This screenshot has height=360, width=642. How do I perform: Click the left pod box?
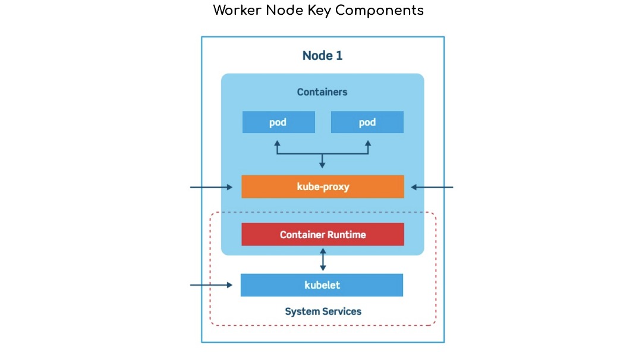click(278, 122)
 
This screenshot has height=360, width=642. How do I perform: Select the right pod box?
click(367, 122)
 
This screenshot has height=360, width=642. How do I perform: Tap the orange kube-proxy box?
click(323, 187)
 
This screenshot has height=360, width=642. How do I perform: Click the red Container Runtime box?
click(323, 235)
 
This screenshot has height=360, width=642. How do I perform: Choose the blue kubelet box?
click(322, 285)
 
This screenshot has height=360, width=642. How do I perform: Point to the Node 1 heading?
click(322, 56)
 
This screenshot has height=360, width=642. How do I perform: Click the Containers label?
click(322, 92)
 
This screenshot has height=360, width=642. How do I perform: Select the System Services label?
click(323, 311)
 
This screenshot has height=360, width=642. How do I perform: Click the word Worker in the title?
click(237, 10)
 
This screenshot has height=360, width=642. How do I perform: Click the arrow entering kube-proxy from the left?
click(211, 187)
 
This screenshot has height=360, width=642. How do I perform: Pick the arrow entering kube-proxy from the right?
click(432, 187)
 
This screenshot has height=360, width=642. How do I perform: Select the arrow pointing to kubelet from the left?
click(211, 285)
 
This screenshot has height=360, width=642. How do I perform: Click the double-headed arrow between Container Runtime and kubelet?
click(323, 260)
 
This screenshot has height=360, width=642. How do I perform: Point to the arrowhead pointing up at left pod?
click(277, 144)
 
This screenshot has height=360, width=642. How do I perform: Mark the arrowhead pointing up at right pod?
click(368, 144)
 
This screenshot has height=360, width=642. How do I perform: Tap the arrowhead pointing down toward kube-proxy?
click(322, 165)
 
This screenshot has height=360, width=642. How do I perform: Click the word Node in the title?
click(284, 10)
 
